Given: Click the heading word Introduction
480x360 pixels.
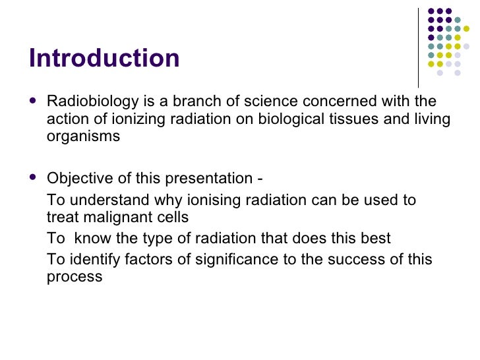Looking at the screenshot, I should (104, 59).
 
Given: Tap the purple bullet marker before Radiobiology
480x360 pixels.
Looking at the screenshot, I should (34, 102).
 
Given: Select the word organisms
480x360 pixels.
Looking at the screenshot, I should (83, 137).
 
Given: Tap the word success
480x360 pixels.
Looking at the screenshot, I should (353, 260).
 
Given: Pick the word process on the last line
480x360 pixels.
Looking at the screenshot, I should (75, 278).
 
